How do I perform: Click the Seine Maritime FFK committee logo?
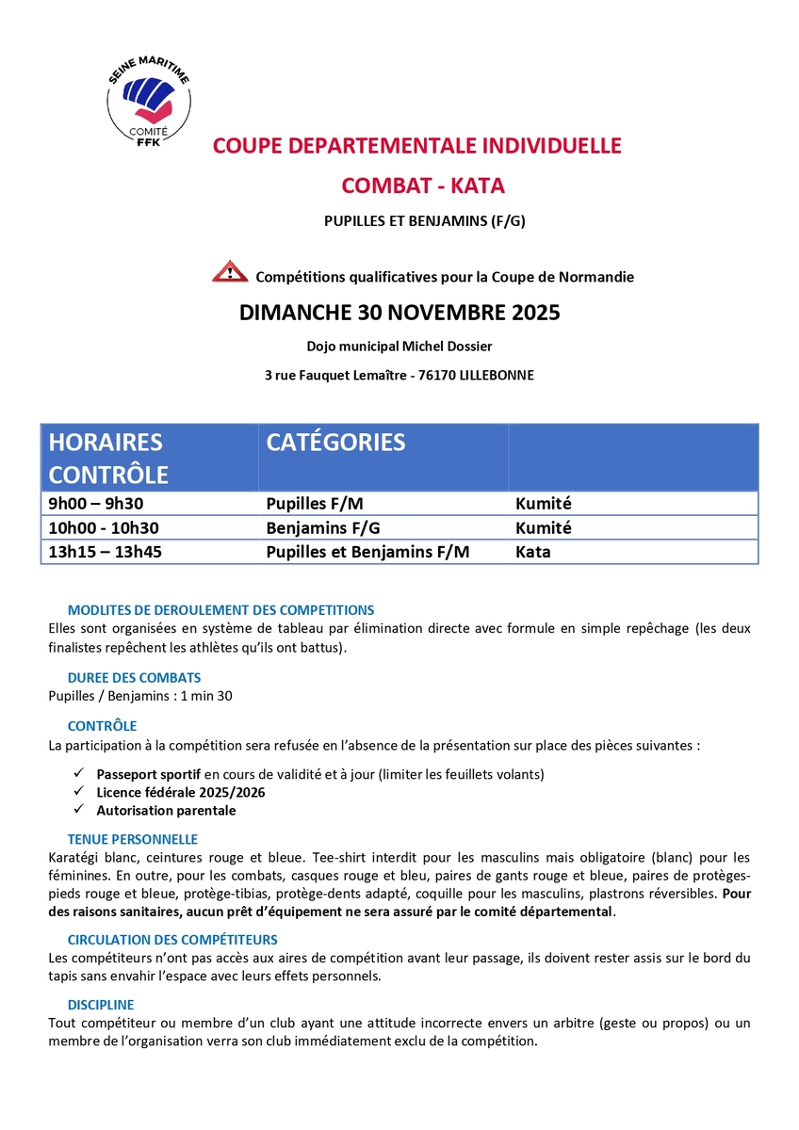150,98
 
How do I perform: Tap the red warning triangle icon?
230,273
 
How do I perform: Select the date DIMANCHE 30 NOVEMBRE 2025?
399,313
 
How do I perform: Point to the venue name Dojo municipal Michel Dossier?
399,347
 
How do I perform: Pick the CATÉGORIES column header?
335,442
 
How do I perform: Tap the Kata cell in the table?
533,552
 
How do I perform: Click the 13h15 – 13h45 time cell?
106,552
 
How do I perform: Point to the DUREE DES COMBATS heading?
134,677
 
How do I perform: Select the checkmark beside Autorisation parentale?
78,810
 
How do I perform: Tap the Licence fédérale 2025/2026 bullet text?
181,792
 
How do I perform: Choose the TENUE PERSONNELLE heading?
133,838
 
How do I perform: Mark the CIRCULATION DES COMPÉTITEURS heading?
172,939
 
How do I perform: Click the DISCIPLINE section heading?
101,1005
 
